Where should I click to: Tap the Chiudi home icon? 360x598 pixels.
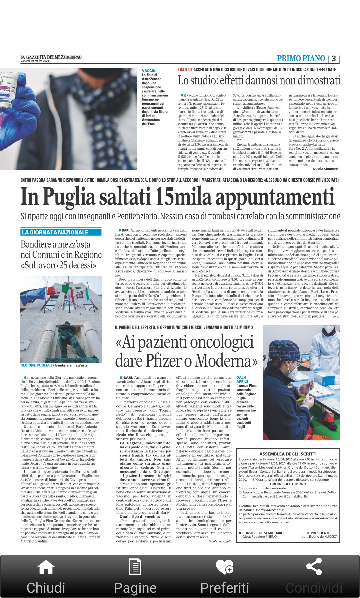46,567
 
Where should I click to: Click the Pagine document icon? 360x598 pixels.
135,567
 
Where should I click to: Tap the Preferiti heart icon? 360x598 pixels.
224,567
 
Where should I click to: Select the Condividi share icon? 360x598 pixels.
314,566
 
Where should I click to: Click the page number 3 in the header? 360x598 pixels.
334,59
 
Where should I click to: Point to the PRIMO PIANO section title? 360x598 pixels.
301,59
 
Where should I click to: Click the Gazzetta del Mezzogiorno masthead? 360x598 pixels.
51,57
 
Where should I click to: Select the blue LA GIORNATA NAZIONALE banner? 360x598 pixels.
61,232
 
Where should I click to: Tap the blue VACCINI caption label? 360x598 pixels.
149,71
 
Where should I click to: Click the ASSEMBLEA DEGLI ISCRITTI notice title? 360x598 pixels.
288,454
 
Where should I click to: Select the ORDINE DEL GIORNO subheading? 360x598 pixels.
288,484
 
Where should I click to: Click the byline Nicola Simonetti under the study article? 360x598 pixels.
326,169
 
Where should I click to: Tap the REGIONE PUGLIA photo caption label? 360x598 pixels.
35,365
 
